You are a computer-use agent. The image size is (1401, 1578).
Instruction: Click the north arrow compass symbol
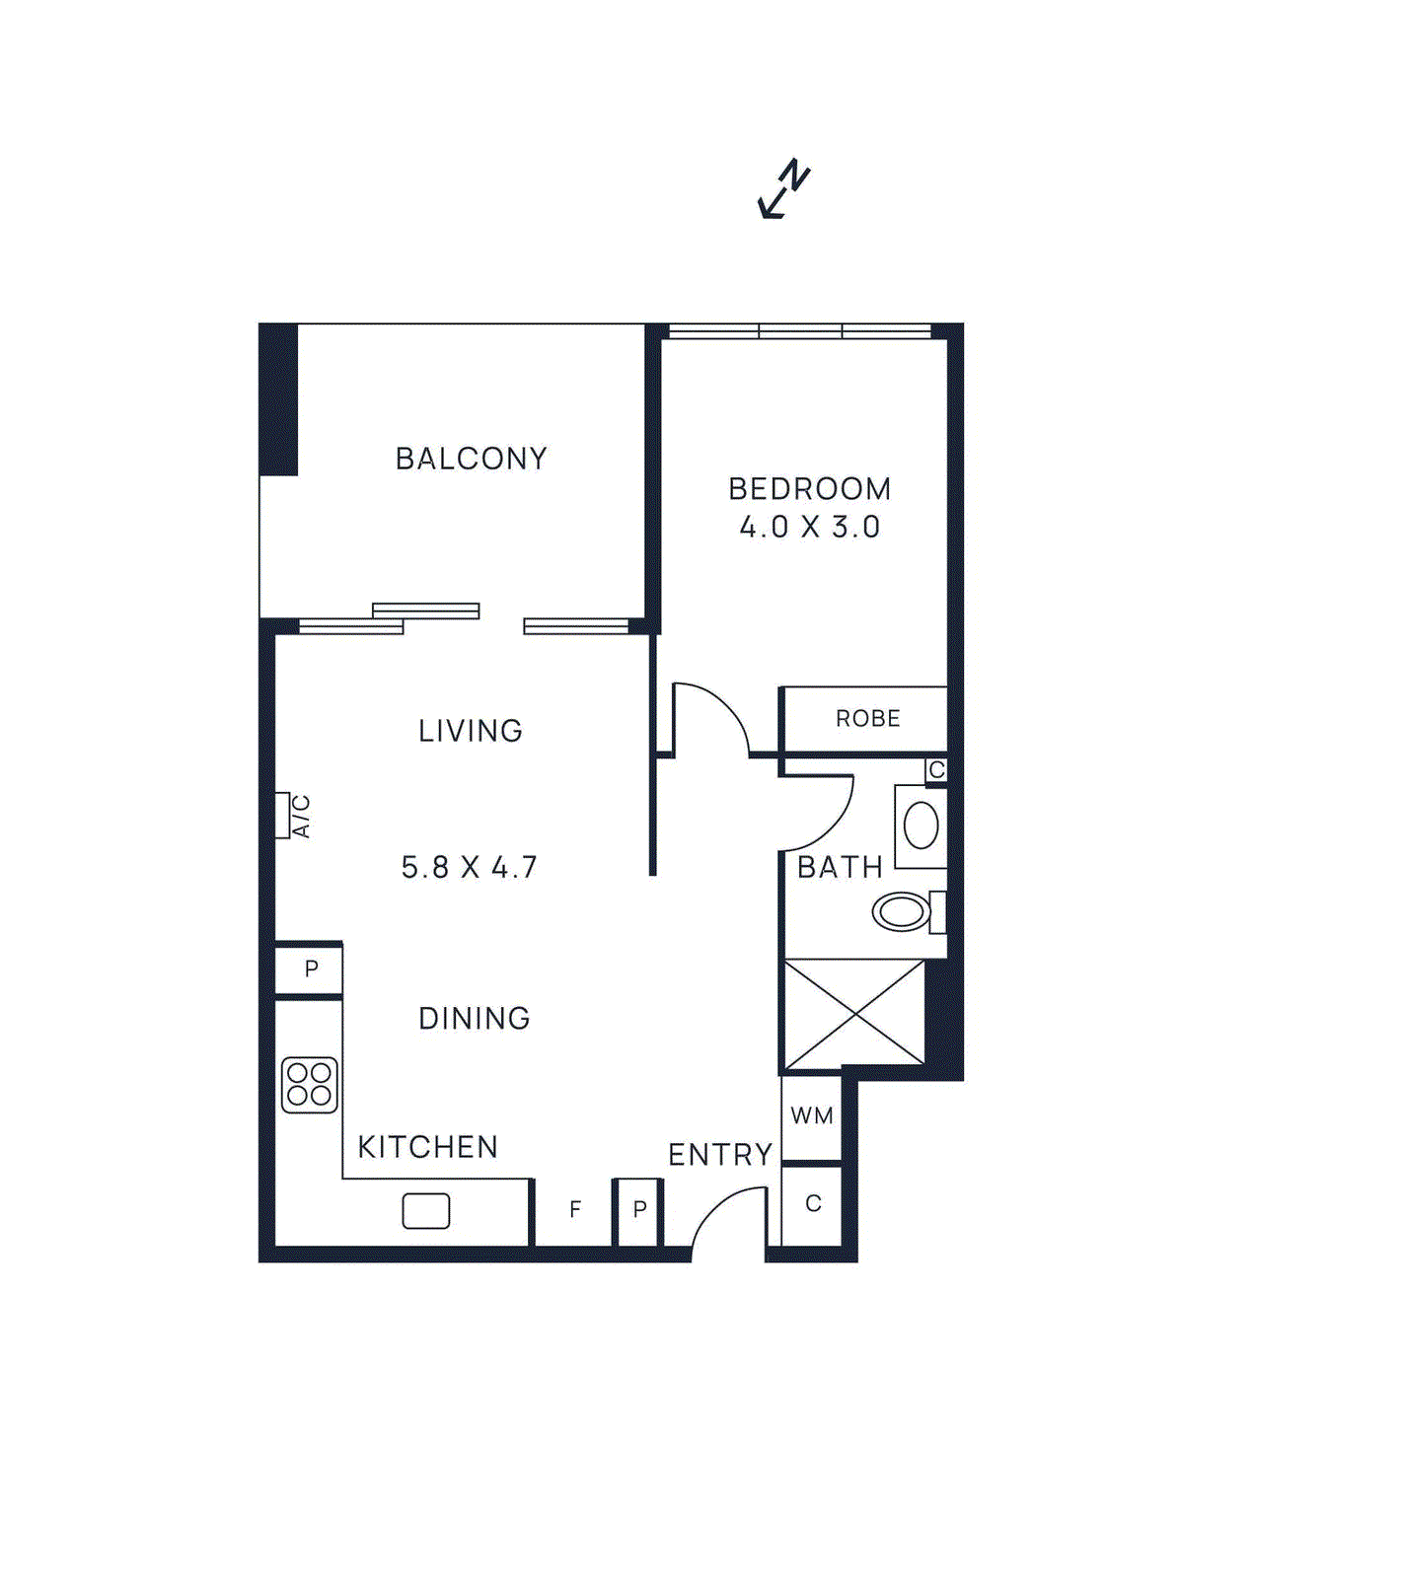click(784, 188)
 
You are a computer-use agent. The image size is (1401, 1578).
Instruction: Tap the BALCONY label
click(471, 459)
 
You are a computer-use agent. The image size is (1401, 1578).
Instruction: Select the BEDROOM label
click(809, 489)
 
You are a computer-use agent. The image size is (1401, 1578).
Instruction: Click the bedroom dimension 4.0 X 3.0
click(809, 528)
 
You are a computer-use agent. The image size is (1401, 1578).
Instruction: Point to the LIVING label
click(471, 731)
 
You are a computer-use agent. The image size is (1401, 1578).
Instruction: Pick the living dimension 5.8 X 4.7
click(469, 868)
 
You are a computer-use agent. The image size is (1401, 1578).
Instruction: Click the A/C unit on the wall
click(283, 816)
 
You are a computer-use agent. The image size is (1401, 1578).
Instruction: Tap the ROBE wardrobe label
click(867, 719)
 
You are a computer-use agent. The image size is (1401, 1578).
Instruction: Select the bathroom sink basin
click(921, 825)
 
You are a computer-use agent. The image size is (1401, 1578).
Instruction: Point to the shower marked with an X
click(854, 1013)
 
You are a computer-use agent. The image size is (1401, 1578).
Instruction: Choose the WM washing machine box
click(812, 1116)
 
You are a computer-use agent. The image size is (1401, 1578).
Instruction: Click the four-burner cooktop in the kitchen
click(310, 1085)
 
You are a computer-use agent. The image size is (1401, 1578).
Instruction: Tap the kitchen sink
click(426, 1211)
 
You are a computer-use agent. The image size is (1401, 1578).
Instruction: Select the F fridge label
click(575, 1209)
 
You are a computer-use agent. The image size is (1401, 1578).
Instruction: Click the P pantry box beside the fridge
click(639, 1209)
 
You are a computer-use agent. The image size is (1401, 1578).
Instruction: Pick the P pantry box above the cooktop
click(311, 969)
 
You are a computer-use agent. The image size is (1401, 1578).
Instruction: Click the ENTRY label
click(720, 1155)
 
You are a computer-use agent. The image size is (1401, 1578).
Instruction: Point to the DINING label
click(475, 1019)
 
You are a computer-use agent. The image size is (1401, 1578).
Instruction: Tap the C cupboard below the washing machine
click(813, 1204)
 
